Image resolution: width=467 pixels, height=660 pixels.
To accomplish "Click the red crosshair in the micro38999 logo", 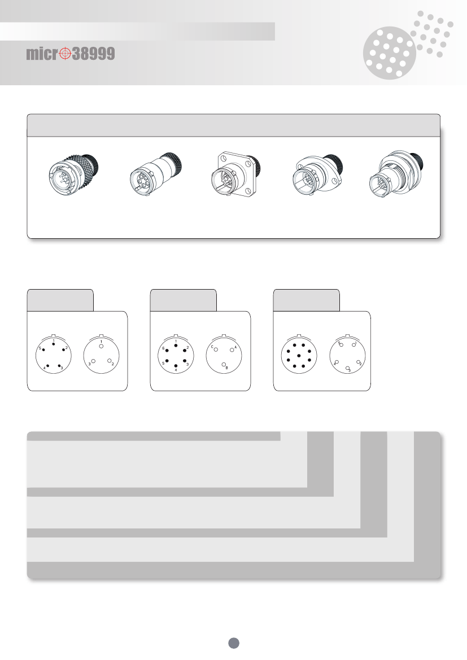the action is point(65,54).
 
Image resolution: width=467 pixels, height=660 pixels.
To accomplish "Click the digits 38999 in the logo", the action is point(94,54).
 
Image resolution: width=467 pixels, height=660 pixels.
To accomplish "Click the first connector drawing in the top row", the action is point(73,174).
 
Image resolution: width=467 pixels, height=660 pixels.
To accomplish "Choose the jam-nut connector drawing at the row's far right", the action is point(396,174).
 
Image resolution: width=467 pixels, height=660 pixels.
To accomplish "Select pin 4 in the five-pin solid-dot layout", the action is point(47,365).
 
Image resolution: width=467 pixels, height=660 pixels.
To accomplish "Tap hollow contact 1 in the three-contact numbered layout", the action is point(102,346).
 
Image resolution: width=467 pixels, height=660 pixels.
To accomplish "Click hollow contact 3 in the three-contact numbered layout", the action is point(94,361).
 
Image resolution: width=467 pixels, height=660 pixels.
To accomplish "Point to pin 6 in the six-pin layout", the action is point(167,351).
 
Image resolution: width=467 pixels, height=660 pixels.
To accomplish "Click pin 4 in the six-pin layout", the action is point(176,366).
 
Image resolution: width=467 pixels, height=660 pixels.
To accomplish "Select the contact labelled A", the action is point(232,350).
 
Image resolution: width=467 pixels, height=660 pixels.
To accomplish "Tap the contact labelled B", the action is point(224,365).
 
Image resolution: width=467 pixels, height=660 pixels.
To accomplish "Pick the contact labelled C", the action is point(216,349).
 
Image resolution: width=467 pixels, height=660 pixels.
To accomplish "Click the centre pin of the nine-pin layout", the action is point(299,356).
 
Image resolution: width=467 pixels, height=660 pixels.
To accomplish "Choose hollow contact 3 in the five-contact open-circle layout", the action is point(347,368).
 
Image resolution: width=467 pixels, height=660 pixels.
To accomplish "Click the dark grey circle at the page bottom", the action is point(234,642).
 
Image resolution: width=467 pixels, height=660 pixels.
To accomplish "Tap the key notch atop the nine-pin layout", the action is point(299,335).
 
